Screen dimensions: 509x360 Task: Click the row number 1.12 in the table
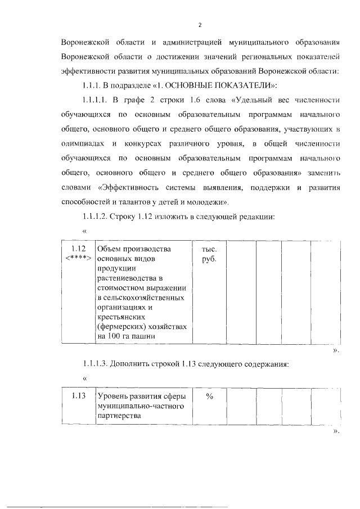78,249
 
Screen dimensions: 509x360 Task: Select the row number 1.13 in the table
78,396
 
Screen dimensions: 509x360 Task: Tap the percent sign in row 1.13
209,396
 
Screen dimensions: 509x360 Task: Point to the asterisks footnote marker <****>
78,258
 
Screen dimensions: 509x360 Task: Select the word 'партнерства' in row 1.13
118,416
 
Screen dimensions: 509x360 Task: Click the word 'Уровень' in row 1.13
112,396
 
